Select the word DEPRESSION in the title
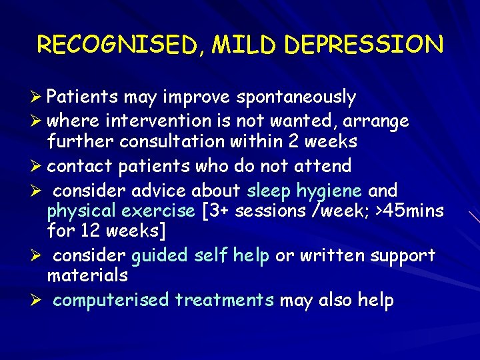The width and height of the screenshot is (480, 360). pyautogui.click(x=363, y=45)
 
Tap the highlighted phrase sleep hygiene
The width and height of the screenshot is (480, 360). pyautogui.click(x=305, y=191)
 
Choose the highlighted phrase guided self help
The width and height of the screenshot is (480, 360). pyautogui.click(x=201, y=255)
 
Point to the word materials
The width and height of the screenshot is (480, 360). pyautogui.click(x=87, y=275)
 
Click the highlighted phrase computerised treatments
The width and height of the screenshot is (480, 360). pyautogui.click(x=163, y=300)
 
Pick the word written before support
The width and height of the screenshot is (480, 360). pyautogui.click(x=333, y=255)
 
